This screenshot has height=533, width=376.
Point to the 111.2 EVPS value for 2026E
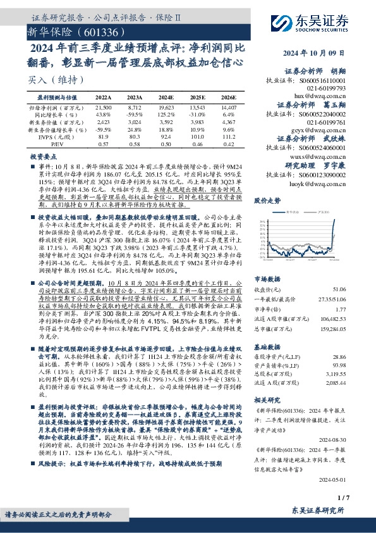coord(229,137)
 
